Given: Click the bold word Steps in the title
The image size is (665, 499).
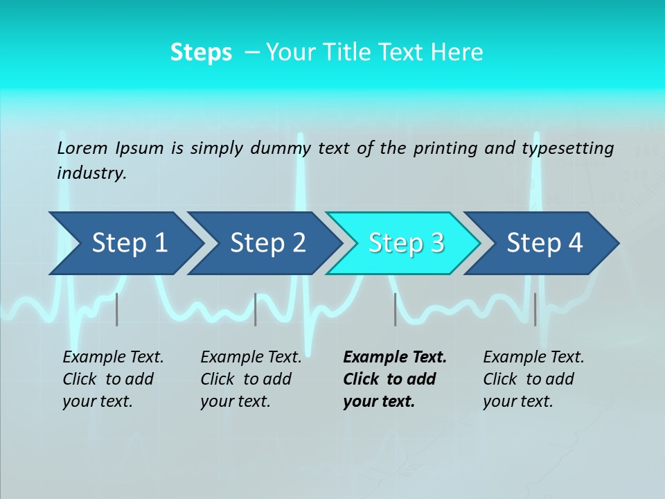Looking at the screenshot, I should [x=201, y=52].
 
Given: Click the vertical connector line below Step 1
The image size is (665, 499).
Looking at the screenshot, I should [x=117, y=309].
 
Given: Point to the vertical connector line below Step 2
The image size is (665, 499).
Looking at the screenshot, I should [x=256, y=309].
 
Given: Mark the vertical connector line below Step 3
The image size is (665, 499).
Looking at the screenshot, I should [x=395, y=309].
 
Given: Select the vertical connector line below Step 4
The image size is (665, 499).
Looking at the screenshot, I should [x=535, y=309].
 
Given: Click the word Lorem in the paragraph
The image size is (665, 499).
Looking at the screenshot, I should [x=83, y=148].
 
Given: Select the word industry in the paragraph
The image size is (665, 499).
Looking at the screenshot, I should [x=91, y=173].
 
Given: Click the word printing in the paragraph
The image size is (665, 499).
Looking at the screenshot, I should [x=441, y=148].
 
